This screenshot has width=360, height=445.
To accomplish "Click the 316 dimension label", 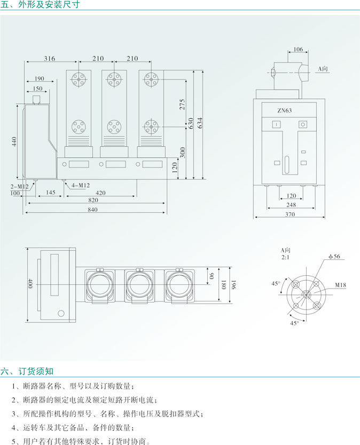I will click(x=49, y=58).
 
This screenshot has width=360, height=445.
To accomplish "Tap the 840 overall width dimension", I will click(x=92, y=210).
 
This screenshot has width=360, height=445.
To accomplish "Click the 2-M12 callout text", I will click(x=20, y=186).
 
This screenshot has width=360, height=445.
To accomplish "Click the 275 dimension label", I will click(x=182, y=104).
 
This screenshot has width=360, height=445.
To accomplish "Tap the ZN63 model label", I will click(x=284, y=110).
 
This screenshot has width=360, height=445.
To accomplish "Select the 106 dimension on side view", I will click(x=298, y=50).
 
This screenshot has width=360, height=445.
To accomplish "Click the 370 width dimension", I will click(x=290, y=214).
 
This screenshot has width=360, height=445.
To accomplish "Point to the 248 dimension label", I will click(x=291, y=205).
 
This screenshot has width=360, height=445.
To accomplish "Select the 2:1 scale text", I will click(x=286, y=257).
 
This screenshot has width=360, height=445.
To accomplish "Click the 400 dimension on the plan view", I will click(x=30, y=284).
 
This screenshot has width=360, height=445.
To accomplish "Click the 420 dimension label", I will click(x=100, y=193).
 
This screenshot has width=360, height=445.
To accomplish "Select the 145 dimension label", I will click(x=51, y=193).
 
